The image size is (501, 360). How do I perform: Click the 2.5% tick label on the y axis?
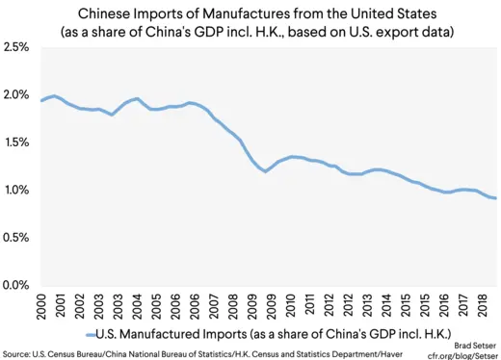[x=16, y=47]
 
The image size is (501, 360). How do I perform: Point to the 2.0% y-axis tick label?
[x=16, y=95]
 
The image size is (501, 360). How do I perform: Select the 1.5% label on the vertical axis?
[x=16, y=142]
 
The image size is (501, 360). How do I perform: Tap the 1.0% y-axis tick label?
[x=16, y=191]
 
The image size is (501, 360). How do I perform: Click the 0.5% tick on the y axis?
[x=16, y=238]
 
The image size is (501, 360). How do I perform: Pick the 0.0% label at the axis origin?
[x=16, y=286]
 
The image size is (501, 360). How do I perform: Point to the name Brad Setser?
[x=473, y=343]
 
